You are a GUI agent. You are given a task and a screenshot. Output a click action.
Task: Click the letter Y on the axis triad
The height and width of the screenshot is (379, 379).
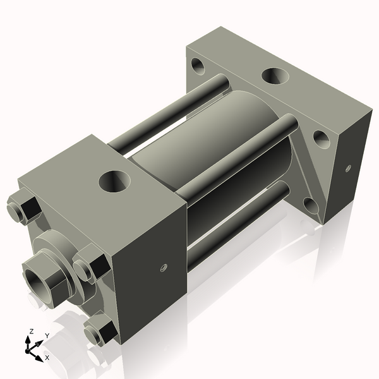pyautogui.click(x=47, y=336)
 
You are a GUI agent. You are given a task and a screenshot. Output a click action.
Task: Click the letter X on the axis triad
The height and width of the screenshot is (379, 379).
pyautogui.click(x=47, y=358)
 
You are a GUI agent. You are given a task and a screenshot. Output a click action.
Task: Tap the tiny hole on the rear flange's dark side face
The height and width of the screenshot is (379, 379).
pyautogui.click(x=348, y=167)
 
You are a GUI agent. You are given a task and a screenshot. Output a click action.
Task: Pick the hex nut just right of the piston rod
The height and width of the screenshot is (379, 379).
pyautogui.click(x=88, y=265)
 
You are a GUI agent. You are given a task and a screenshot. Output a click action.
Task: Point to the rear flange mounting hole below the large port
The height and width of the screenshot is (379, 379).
pyautogui.click(x=322, y=138)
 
